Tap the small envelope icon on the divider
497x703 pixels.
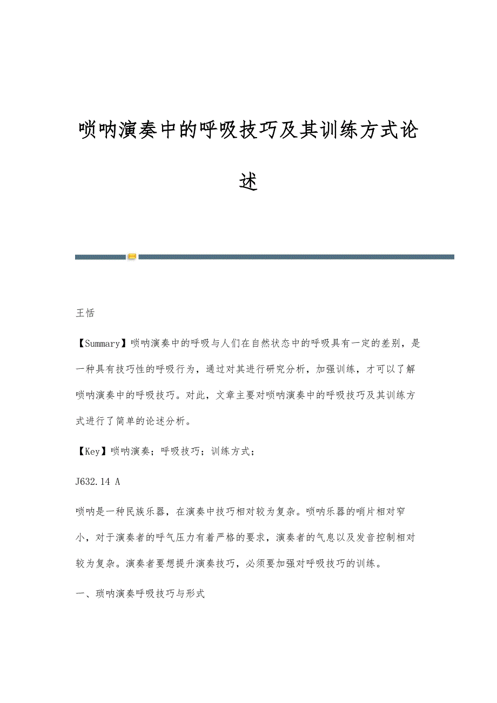[x=132, y=256]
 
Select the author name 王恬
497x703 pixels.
[x=85, y=313]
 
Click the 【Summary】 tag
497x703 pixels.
[x=103, y=343]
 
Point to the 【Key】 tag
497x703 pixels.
[x=92, y=451]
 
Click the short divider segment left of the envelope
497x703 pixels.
[x=100, y=257]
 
